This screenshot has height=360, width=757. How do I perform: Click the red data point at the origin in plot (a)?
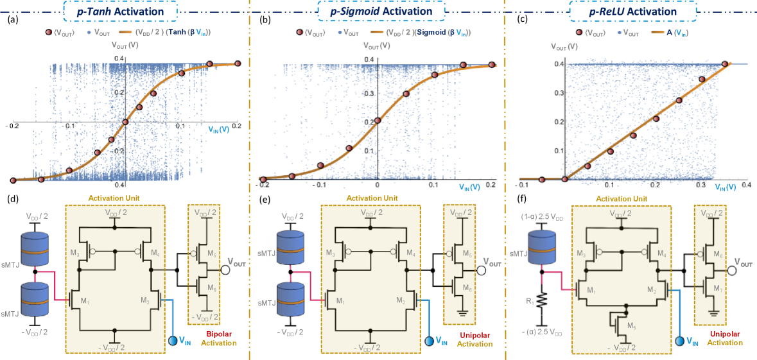point(125,121)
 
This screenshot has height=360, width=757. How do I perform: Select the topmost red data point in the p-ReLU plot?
point(725,64)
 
